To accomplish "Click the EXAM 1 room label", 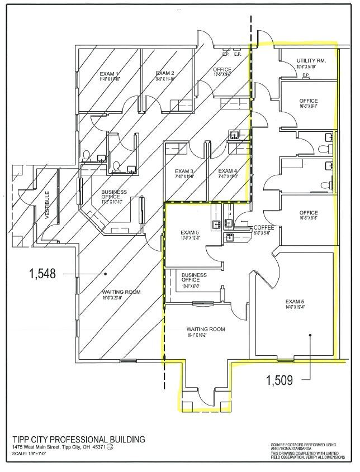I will (109, 74).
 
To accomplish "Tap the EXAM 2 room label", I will (165, 73).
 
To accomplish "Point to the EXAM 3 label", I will (184, 171).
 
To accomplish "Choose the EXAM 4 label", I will (228, 171).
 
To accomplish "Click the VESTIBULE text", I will (48, 205).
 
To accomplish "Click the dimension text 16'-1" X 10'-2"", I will (205, 336).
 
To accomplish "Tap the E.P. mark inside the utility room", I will (306, 75).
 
